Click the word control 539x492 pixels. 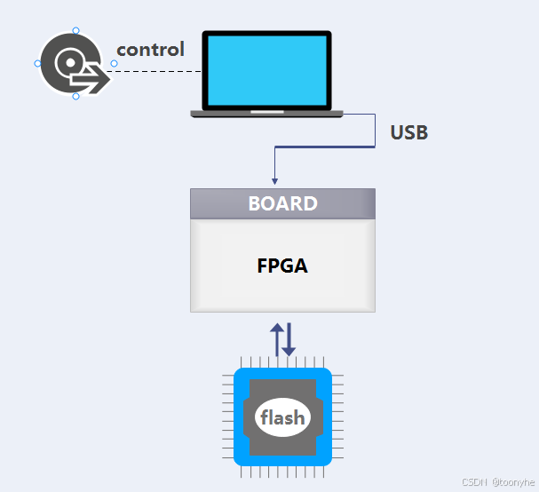[x=150, y=50]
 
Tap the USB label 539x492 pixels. [x=408, y=133]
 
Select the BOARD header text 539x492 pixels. [x=282, y=203]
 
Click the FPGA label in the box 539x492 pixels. [x=282, y=265]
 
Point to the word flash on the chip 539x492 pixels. [x=282, y=417]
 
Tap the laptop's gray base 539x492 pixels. [x=266, y=113]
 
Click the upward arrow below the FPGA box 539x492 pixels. [x=276, y=339]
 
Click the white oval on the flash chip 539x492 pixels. [x=282, y=418]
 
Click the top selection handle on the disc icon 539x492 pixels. [x=75, y=31]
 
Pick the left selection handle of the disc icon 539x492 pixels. [x=37, y=64]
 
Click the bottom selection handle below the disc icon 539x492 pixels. [x=75, y=96]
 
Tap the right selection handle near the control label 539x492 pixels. [x=114, y=63]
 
